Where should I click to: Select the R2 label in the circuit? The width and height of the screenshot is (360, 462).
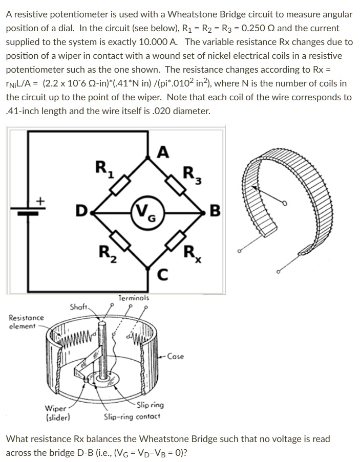pos(104,252)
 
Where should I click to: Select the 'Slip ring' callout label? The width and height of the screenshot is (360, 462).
pos(150,405)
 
